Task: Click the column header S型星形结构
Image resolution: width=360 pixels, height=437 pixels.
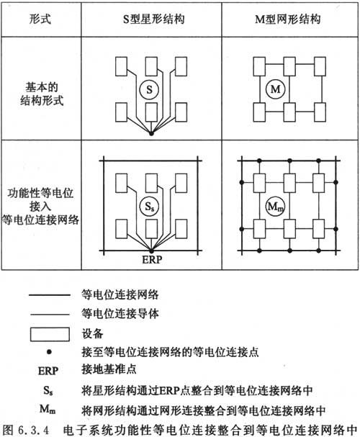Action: point(153,19)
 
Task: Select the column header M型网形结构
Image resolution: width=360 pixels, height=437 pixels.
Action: point(288,19)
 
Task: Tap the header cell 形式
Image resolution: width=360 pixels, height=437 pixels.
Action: point(40,19)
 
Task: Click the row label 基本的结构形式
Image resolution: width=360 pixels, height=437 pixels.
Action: point(42,94)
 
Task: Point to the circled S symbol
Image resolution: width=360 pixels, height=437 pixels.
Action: point(149,89)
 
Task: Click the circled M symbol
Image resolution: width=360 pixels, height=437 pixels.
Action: point(275,89)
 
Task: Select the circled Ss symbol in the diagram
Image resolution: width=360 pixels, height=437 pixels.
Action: point(149,207)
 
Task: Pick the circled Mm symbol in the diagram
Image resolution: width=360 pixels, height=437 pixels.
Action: point(275,207)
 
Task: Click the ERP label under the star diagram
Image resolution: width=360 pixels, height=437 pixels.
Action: point(152,259)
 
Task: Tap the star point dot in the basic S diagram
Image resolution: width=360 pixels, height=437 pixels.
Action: point(151,133)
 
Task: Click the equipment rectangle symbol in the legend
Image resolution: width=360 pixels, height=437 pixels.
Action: point(50,334)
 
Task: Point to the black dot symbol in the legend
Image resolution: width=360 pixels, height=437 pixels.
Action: point(49,352)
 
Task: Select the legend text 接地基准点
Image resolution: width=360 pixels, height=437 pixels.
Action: point(109,369)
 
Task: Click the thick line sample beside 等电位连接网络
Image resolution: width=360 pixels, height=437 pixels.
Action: point(50,294)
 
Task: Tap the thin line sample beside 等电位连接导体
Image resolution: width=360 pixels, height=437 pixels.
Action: point(50,315)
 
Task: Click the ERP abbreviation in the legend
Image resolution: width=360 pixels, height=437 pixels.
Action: point(48,371)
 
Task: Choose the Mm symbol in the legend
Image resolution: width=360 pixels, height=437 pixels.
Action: point(48,409)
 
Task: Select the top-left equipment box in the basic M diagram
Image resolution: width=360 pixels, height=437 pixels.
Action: point(259,66)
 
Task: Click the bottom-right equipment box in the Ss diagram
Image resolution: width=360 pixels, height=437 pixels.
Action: point(181,229)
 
